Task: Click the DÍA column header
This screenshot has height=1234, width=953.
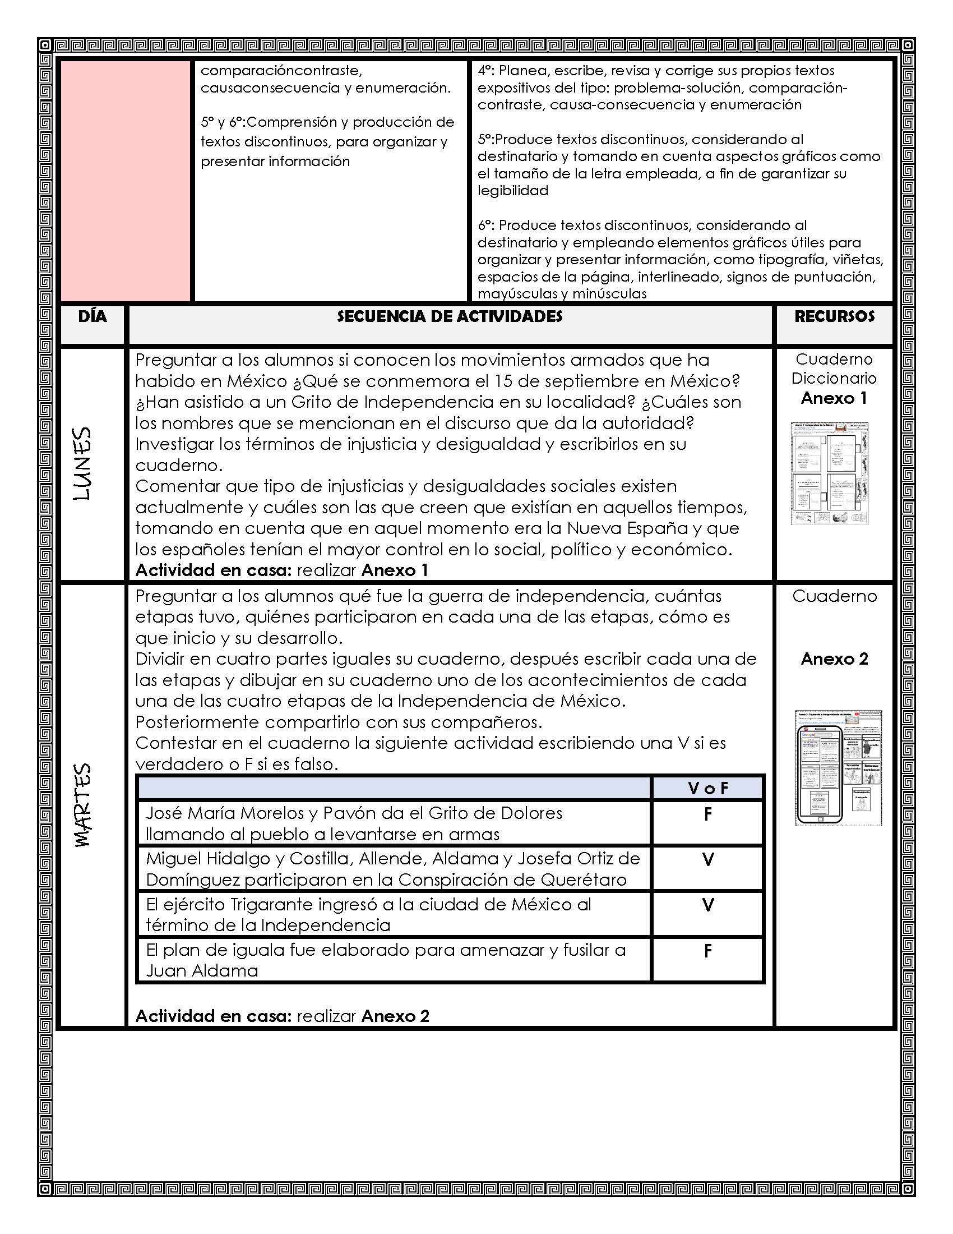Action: (92, 316)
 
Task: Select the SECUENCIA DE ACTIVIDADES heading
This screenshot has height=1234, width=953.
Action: (450, 316)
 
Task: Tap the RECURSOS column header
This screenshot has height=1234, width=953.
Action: (834, 316)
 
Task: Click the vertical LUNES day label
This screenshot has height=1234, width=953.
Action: (83, 463)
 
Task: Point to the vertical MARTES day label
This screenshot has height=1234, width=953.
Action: (83, 804)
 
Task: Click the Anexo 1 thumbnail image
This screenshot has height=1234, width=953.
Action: (829, 473)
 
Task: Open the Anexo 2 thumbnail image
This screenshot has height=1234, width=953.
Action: (838, 767)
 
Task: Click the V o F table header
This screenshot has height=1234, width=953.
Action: (707, 788)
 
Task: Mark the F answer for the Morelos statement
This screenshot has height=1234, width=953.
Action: (707, 814)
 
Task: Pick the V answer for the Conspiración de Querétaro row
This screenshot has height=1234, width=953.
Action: (707, 859)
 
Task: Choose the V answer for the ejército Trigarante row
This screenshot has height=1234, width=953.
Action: (707, 905)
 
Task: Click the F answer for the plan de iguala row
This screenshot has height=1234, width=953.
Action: (707, 951)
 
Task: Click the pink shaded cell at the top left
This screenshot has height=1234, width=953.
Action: (126, 181)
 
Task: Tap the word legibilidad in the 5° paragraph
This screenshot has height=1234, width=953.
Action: (512, 191)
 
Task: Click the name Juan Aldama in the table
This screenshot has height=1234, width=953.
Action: (202, 971)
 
